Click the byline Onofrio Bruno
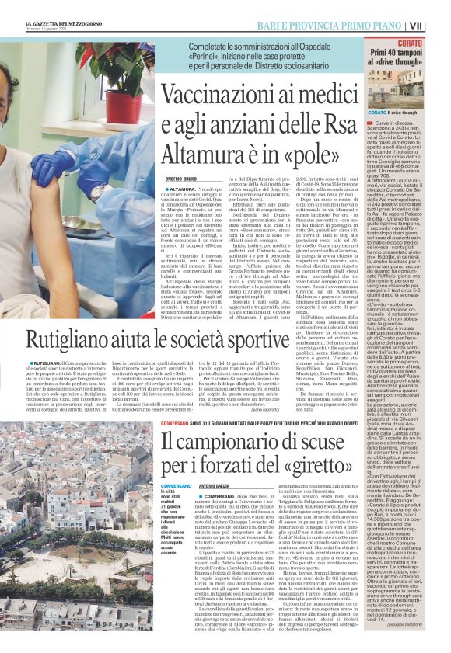click(x=184, y=180)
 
